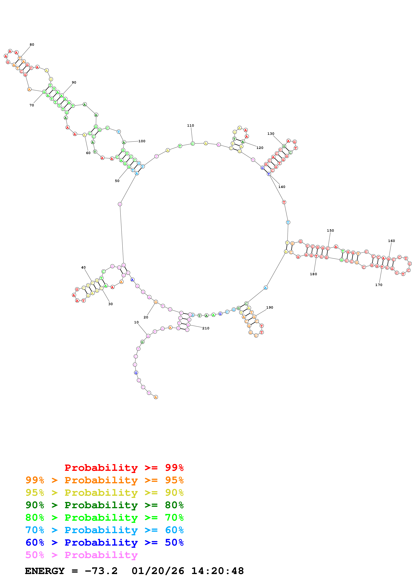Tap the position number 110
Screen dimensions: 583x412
pos(190,125)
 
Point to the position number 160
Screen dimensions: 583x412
pos(391,241)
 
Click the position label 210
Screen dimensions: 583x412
pos(206,328)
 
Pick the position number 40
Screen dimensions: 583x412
pos(83,267)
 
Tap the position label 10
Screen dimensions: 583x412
pos(136,322)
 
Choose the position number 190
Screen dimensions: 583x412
pos(270,307)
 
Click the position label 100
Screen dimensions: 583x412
pos(142,141)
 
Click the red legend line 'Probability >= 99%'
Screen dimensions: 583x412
pos(124,468)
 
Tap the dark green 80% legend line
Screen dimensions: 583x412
pos(104,505)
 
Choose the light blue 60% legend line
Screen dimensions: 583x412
pos(104,530)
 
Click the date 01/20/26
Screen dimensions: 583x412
pos(158,571)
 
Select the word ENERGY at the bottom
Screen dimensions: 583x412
pos(45,571)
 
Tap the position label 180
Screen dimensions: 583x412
pos(313,274)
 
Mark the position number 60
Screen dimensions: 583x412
pos(88,153)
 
